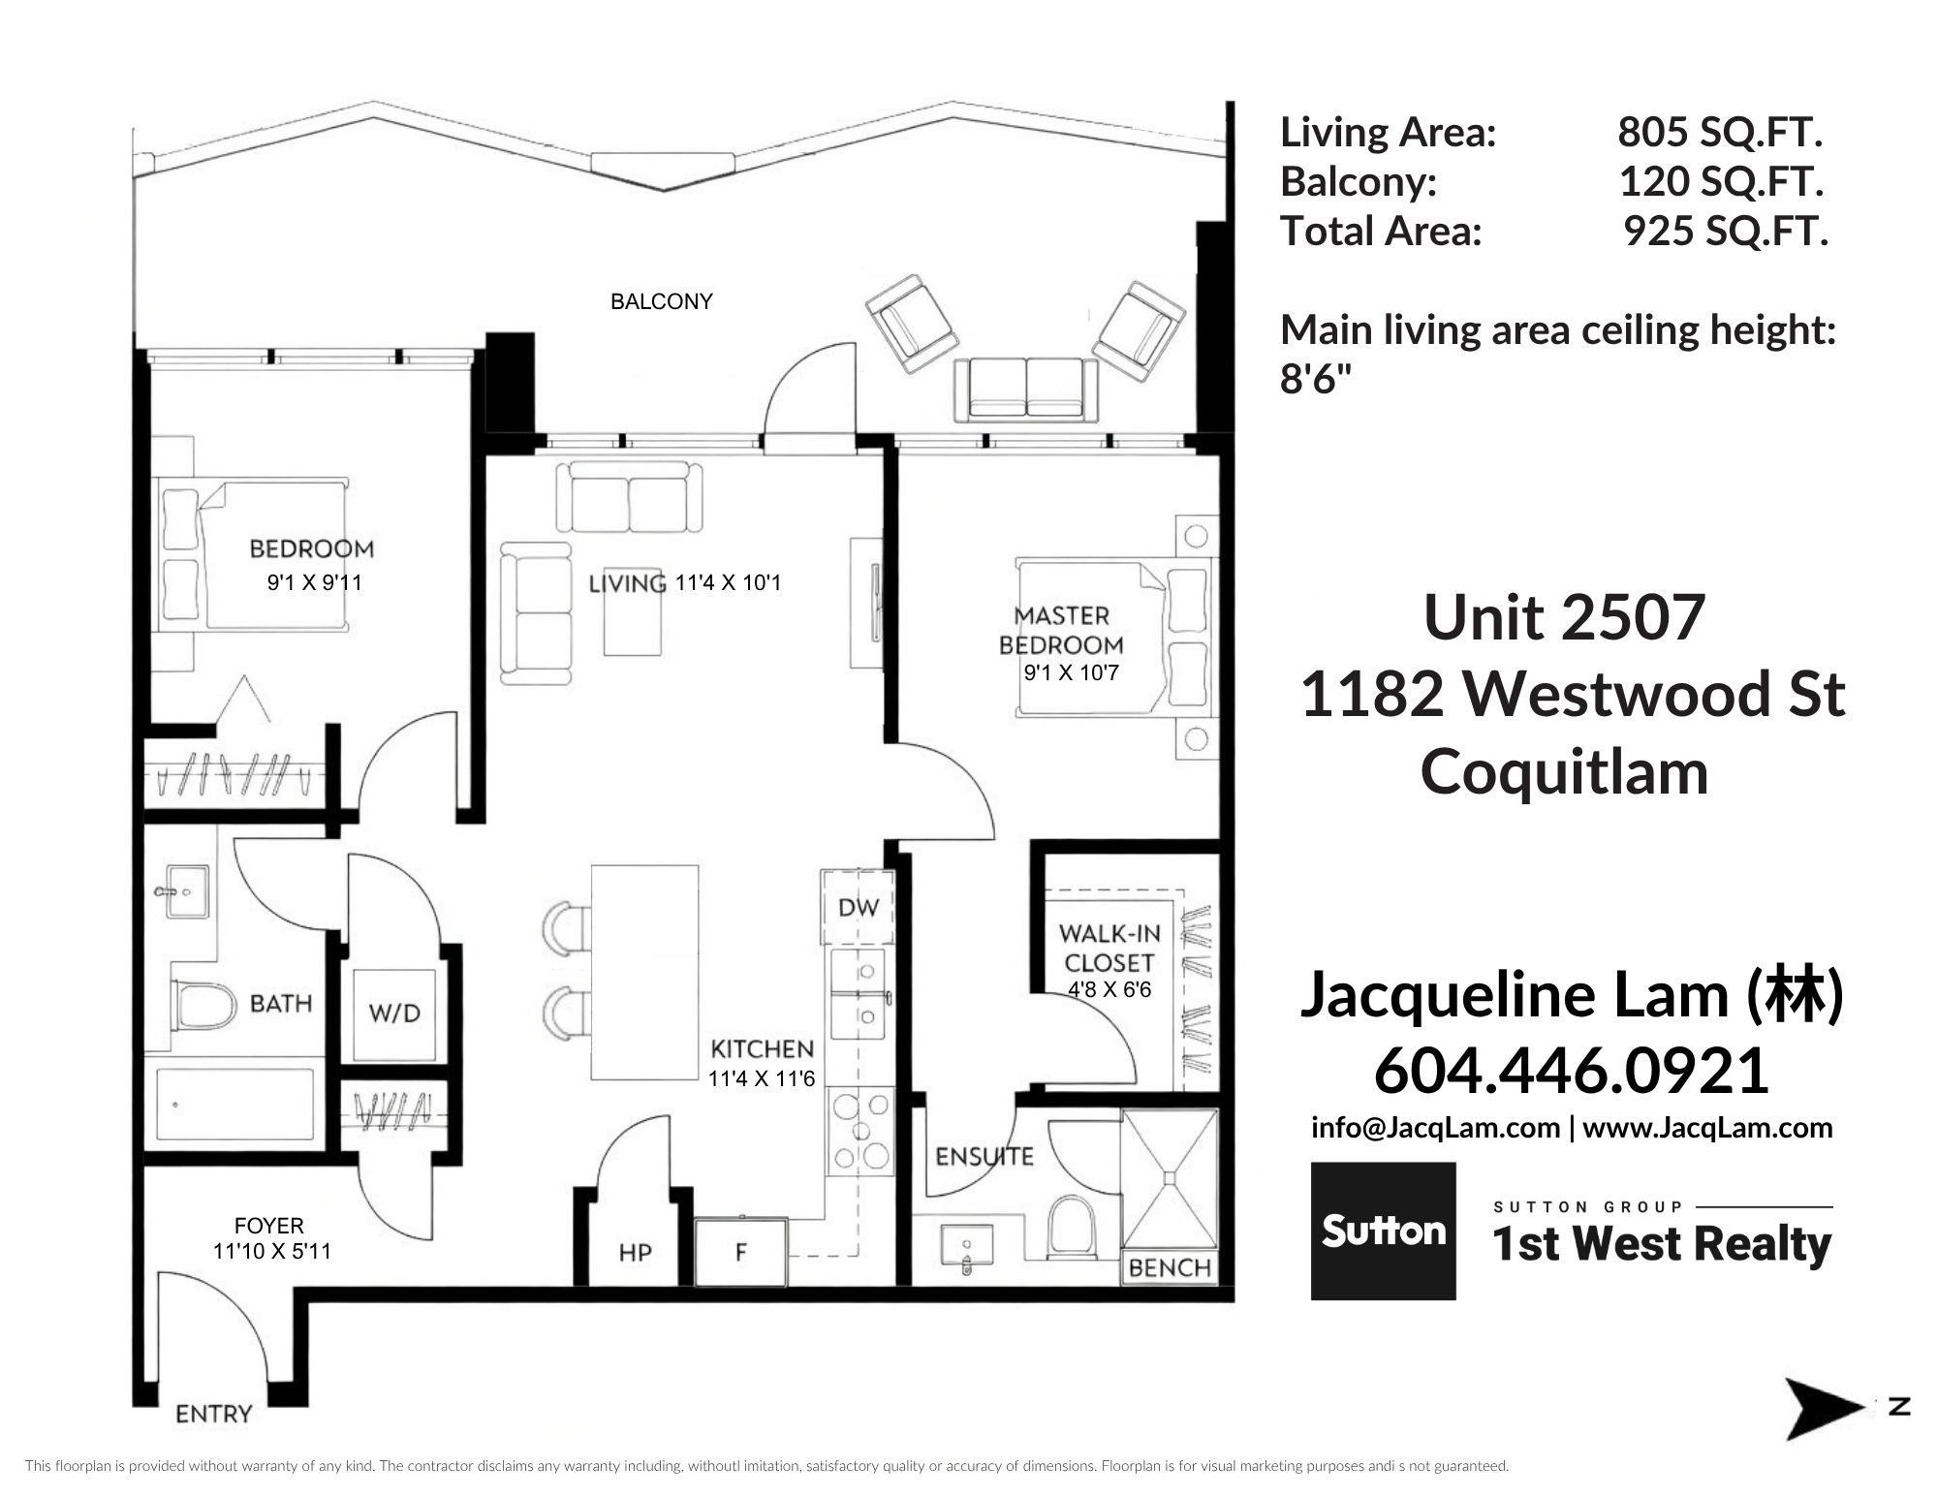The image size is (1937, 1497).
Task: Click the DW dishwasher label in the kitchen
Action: (859, 908)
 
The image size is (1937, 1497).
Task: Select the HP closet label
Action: (635, 1253)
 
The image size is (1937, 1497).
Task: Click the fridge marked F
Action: (741, 1252)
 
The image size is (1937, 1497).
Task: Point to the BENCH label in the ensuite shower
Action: (1170, 1268)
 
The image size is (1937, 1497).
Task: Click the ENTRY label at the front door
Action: (213, 1415)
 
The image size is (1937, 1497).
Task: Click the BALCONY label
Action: (662, 301)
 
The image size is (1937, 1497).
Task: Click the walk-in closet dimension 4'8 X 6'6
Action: (1109, 990)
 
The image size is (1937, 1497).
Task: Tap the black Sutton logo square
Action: (1383, 1231)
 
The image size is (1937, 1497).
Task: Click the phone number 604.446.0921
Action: (1572, 1072)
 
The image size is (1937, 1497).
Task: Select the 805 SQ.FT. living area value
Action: (1721, 133)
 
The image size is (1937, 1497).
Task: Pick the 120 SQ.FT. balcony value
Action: (1722, 181)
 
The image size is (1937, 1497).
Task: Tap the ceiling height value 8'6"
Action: (1315, 380)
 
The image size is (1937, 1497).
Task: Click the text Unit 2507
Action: (1564, 617)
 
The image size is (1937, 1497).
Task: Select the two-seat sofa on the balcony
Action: (1027, 389)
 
